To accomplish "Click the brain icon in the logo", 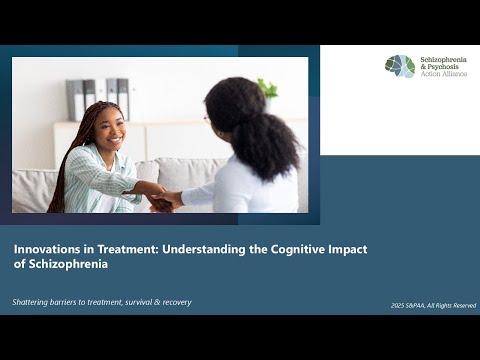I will [400, 66].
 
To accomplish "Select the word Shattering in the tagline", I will [36, 302].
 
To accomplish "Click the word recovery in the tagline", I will [171, 302].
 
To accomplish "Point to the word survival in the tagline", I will [130, 302].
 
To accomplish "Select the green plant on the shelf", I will [267, 90].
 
